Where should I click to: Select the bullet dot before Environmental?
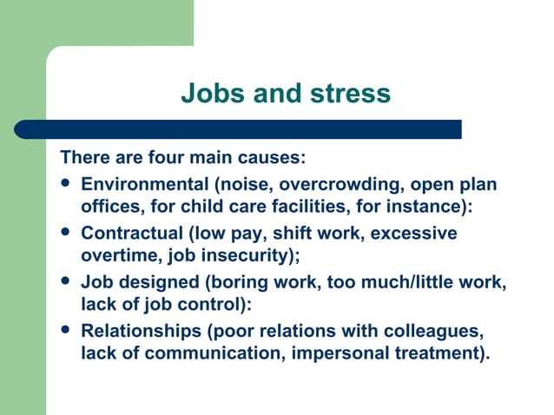(x=68, y=185)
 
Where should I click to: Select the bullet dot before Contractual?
(x=68, y=234)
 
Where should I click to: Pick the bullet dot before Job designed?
(x=68, y=282)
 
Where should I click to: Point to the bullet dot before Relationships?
(x=68, y=331)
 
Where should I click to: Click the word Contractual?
(x=129, y=234)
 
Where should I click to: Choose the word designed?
(x=149, y=282)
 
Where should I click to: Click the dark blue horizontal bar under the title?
(x=238, y=129)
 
